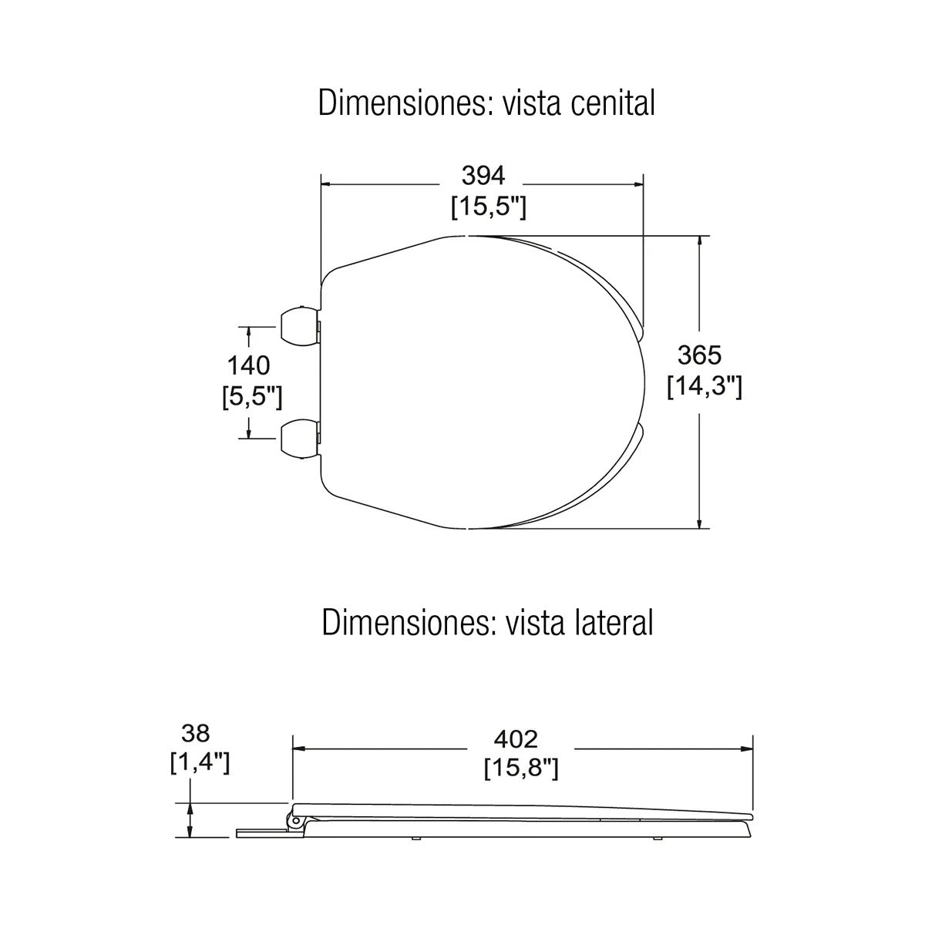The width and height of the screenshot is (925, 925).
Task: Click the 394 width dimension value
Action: click(x=483, y=176)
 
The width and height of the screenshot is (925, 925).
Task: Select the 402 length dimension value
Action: click(x=516, y=738)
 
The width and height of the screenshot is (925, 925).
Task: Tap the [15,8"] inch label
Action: click(x=521, y=769)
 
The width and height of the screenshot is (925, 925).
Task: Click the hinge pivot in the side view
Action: click(x=295, y=821)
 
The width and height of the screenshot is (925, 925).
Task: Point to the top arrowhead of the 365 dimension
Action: click(x=699, y=241)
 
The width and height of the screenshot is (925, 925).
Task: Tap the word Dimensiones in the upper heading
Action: click(x=405, y=103)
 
